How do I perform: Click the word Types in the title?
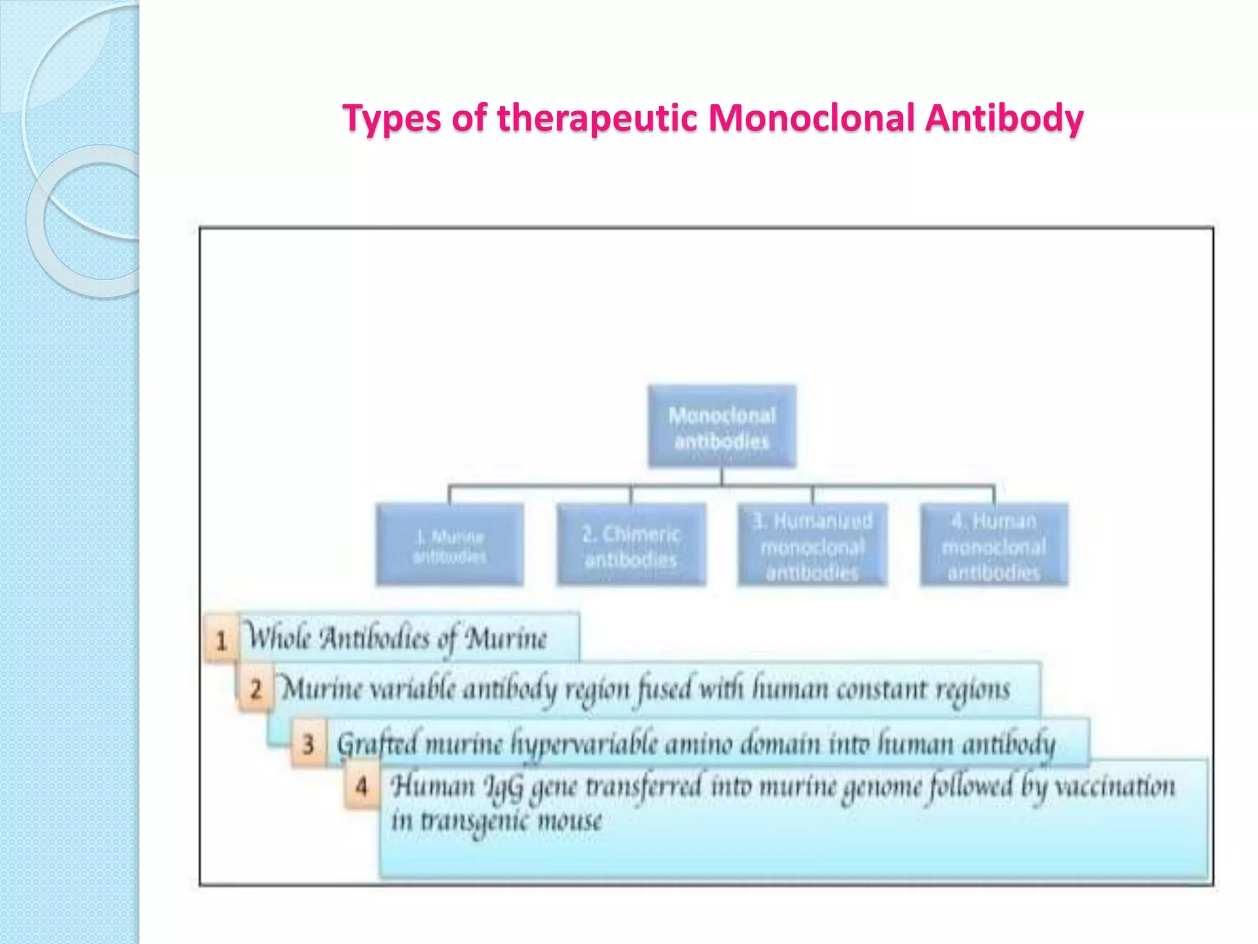(x=391, y=119)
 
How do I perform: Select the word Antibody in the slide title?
(x=1004, y=119)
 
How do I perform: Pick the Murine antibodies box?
(x=450, y=545)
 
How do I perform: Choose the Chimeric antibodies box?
(x=631, y=545)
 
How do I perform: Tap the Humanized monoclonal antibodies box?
(x=812, y=545)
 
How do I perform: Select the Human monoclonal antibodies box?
(x=994, y=545)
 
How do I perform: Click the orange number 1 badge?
(x=221, y=640)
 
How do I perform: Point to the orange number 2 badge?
(x=256, y=690)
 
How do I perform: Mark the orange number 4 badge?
(x=362, y=786)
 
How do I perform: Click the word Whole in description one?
(x=278, y=637)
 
